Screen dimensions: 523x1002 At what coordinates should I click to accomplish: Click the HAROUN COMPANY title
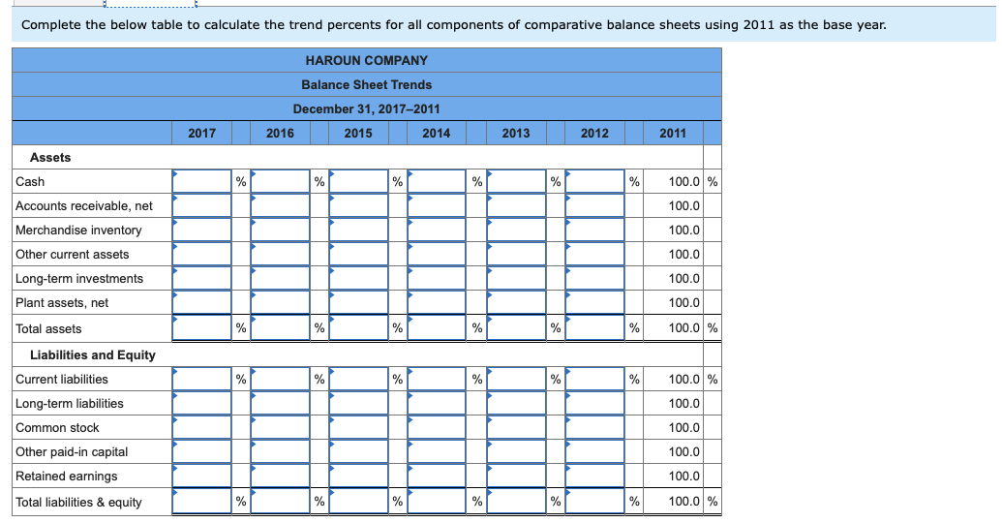[366, 60]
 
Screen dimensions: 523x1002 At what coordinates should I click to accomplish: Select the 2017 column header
[201, 133]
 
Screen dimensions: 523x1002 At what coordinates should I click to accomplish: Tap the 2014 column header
[437, 133]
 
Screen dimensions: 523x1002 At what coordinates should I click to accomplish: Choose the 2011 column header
[673, 133]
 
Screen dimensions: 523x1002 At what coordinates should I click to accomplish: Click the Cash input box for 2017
[202, 181]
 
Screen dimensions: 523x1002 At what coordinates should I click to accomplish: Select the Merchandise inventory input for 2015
[359, 231]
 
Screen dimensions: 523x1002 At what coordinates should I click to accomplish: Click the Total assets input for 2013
[516, 328]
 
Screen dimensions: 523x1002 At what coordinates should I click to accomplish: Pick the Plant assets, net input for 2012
[594, 303]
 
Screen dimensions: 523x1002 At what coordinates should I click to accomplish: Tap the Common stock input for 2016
[281, 428]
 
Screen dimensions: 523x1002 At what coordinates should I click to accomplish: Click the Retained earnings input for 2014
[438, 477]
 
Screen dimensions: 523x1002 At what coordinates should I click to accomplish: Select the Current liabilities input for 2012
[594, 379]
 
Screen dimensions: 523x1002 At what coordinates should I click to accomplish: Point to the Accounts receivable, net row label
[84, 205]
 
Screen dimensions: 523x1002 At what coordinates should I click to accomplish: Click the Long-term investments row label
[79, 279]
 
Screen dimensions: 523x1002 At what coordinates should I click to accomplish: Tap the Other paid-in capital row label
[72, 452]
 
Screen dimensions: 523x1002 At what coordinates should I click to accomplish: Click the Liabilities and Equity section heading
[93, 354]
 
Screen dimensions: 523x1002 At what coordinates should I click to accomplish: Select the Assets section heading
[50, 157]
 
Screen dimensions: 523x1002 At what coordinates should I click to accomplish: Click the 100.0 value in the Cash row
[684, 181]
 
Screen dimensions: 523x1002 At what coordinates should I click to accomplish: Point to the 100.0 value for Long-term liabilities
[684, 404]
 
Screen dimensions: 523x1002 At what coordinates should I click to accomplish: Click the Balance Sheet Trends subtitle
[366, 84]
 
